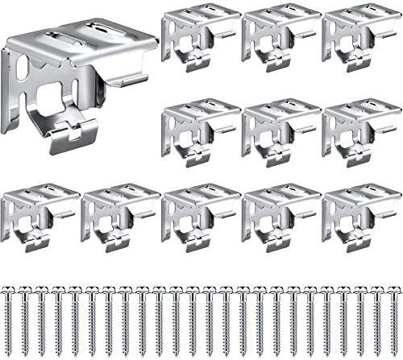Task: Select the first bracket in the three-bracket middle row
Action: pyautogui.click(x=200, y=131)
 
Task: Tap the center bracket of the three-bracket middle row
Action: pyautogui.click(x=280, y=131)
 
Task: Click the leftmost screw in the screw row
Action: pyautogui.click(x=10, y=318)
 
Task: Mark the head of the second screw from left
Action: pyautogui.click(x=26, y=289)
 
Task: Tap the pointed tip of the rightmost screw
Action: pyautogui.click(x=393, y=352)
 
